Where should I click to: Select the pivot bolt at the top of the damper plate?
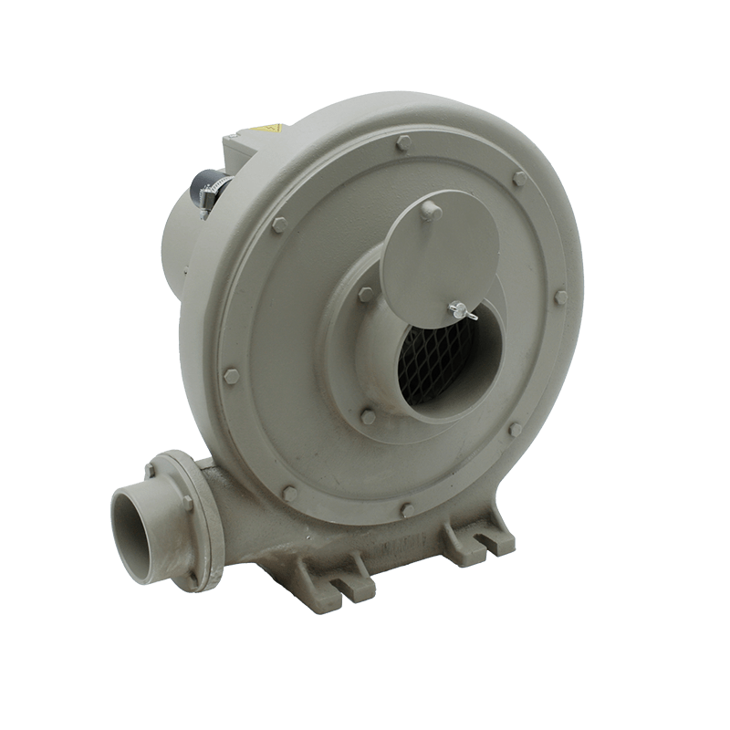[430, 211]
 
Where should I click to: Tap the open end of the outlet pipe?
[137, 534]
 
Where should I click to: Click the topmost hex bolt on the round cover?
[403, 142]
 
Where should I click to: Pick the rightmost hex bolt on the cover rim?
[560, 297]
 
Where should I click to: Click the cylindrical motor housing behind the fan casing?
[187, 237]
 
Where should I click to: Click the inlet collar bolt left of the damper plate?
[365, 295]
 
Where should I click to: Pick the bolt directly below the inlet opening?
[368, 416]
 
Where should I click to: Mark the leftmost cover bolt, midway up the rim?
[231, 376]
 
